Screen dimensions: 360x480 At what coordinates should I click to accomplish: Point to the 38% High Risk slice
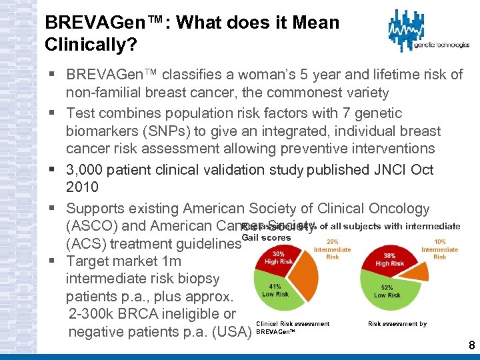tap(390, 259)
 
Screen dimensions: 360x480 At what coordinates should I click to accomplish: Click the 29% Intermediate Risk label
tap(332, 250)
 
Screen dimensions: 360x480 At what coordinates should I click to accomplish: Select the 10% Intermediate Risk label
tap(439, 250)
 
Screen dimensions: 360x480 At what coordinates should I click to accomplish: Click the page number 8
tap(471, 345)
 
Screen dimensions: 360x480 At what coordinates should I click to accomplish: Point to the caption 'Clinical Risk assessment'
tap(293, 324)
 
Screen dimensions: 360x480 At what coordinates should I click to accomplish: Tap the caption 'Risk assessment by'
tap(397, 324)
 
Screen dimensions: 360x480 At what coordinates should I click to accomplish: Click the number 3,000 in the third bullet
tap(87, 170)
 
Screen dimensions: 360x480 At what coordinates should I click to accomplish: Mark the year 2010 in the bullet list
tap(82, 187)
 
